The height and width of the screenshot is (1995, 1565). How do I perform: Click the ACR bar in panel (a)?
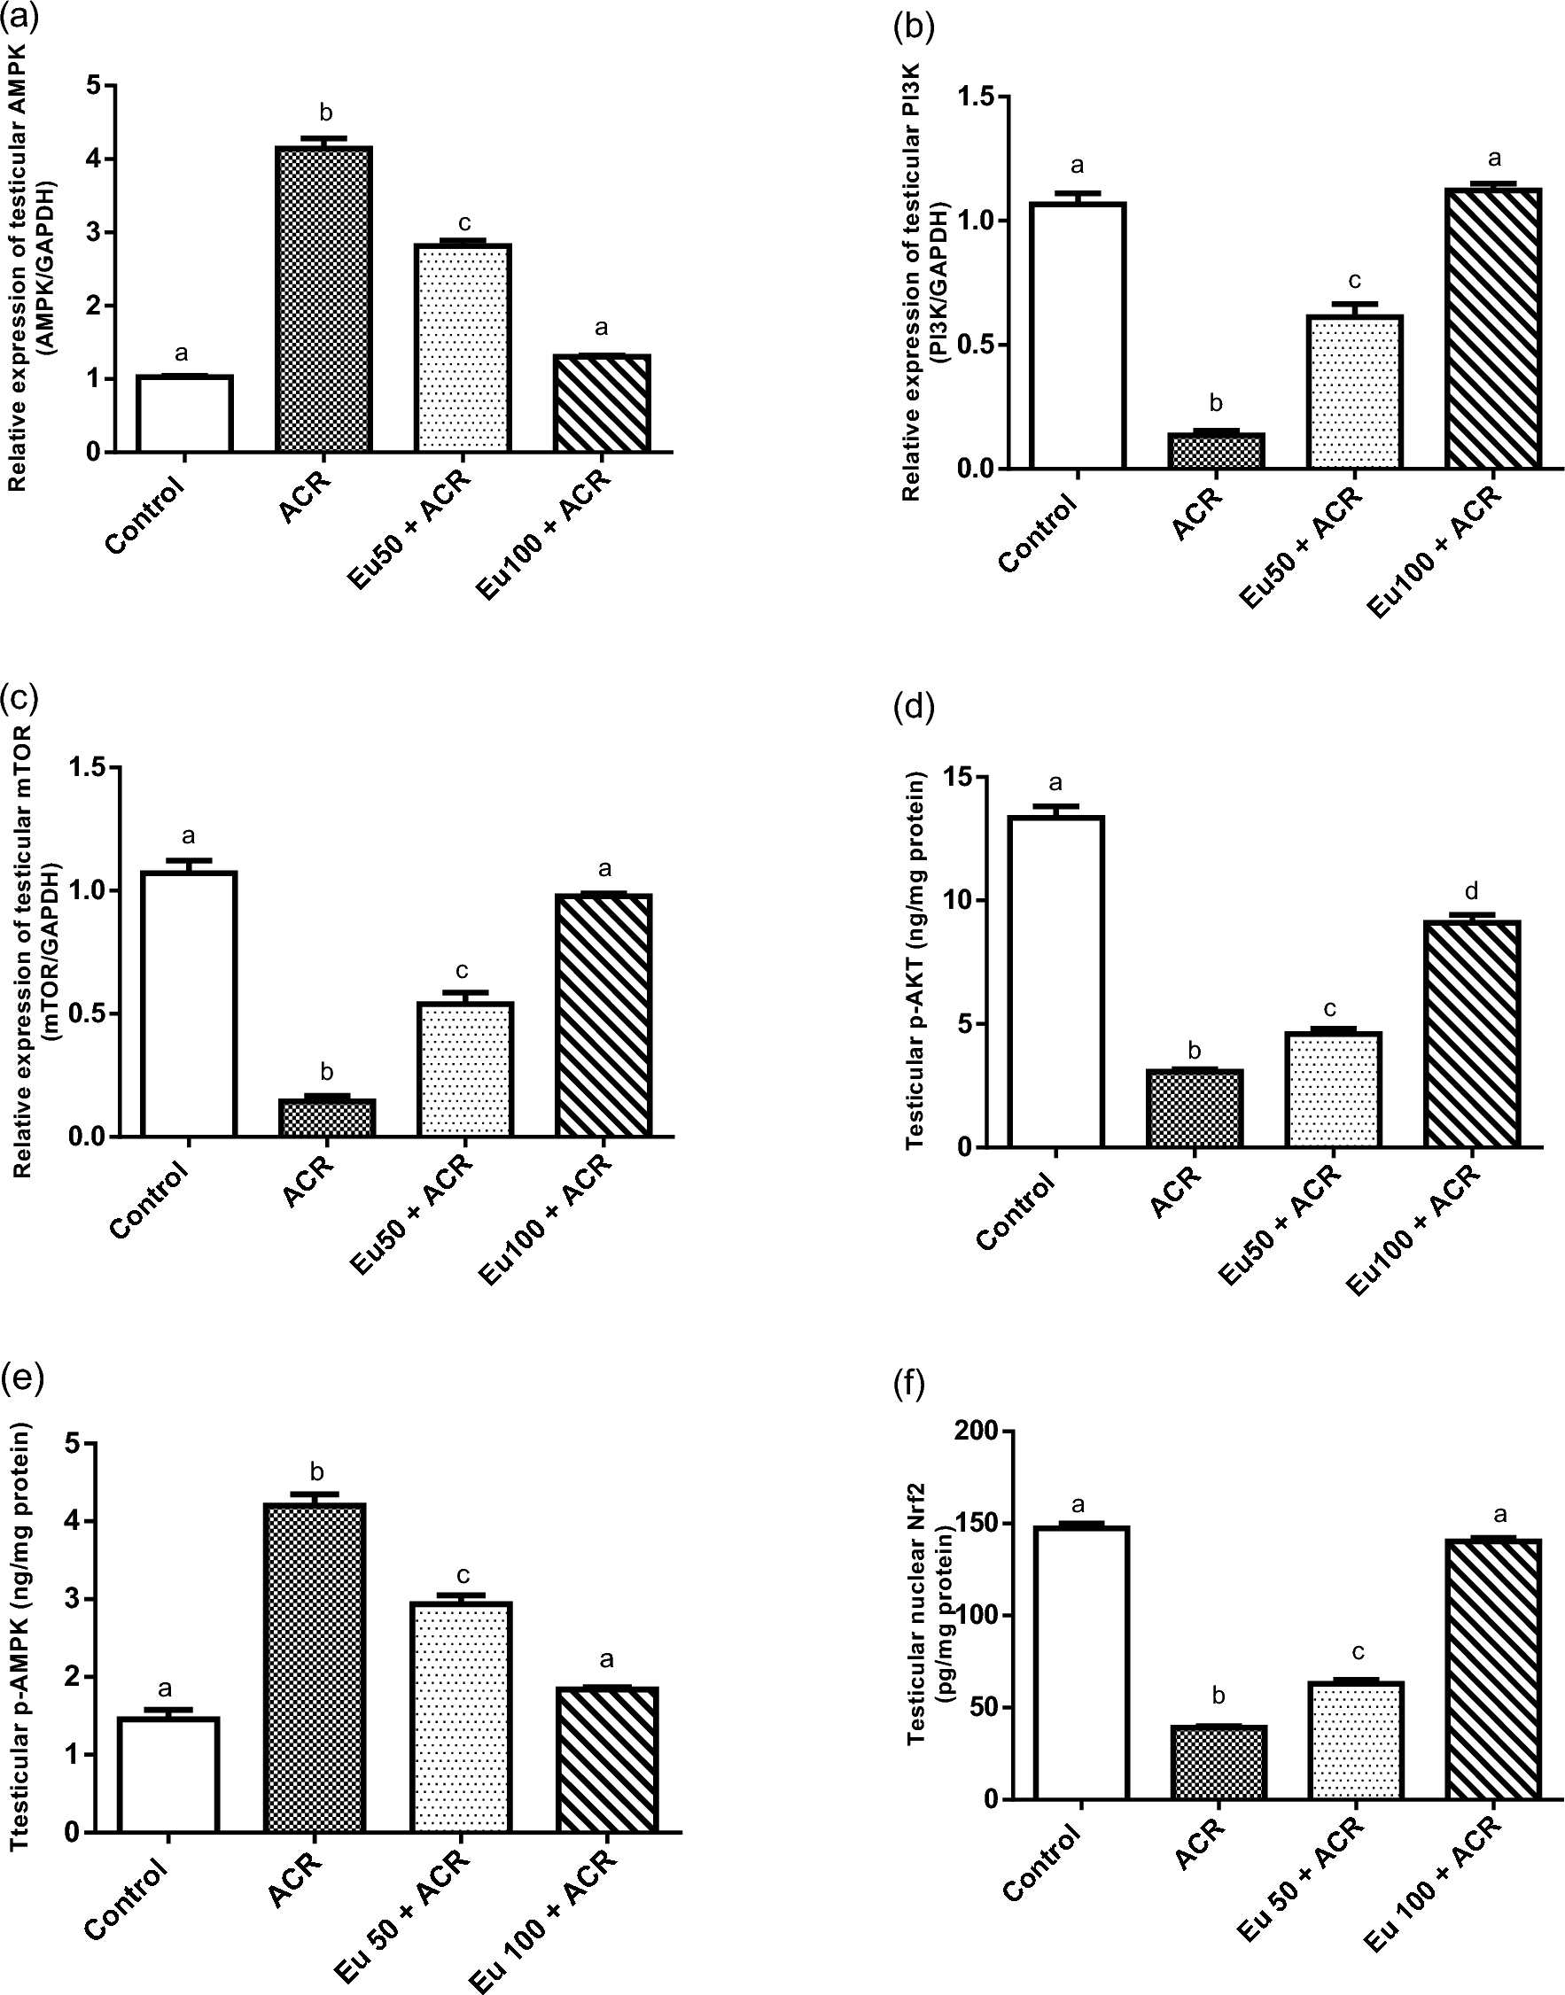pyautogui.click(x=324, y=299)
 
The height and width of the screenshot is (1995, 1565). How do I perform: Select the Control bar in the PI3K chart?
pyautogui.click(x=1078, y=336)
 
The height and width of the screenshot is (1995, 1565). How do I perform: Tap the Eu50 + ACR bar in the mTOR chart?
pyautogui.click(x=464, y=1070)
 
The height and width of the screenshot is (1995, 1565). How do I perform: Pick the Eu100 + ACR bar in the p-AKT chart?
pyautogui.click(x=1473, y=1034)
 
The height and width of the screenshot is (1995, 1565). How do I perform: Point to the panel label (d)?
pyautogui.click(x=914, y=707)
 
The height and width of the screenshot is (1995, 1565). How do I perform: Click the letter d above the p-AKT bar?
pyautogui.click(x=1473, y=890)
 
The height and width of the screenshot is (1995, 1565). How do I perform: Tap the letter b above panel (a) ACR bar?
pyautogui.click(x=324, y=113)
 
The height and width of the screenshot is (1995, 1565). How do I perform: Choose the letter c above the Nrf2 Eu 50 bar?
pyautogui.click(x=1358, y=1653)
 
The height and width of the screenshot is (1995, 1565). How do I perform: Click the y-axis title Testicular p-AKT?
pyautogui.click(x=915, y=962)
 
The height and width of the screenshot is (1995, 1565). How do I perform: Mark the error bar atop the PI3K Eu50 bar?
pyautogui.click(x=1355, y=307)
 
